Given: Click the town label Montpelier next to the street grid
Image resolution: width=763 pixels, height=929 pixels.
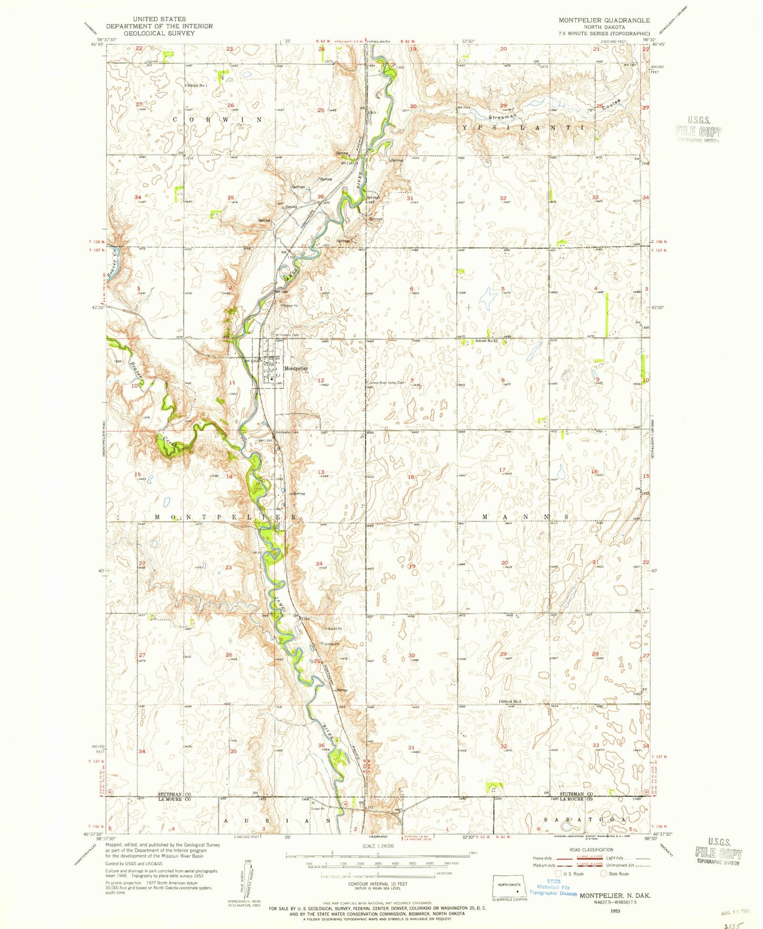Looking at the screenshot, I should pyautogui.click(x=296, y=368).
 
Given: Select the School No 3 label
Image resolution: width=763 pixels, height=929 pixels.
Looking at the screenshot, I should pyautogui.click(x=511, y=702).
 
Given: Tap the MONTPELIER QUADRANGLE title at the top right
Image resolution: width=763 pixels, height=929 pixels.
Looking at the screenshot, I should pyautogui.click(x=604, y=20).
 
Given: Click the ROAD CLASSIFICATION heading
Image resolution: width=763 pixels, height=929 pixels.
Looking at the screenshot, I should pyautogui.click(x=598, y=850).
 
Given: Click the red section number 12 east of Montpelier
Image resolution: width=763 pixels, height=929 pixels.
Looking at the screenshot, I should pyautogui.click(x=321, y=380).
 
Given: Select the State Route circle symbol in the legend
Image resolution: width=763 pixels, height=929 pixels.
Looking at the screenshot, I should pyautogui.click(x=606, y=874).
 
